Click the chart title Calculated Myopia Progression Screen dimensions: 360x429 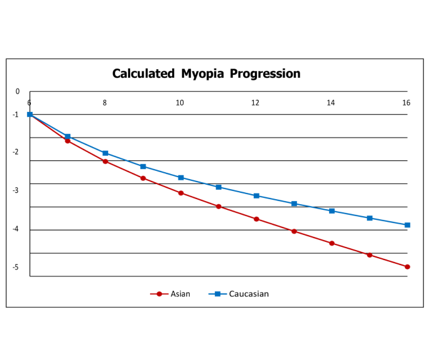click(206, 74)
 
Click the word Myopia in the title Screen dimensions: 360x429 click(204, 74)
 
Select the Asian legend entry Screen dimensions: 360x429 click(180, 293)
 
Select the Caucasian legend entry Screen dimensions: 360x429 click(248, 293)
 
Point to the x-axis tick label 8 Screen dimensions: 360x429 click(105, 102)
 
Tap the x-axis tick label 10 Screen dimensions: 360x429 click(180, 102)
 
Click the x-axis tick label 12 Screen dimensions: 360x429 click(256, 102)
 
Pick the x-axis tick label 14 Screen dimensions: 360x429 click(331, 102)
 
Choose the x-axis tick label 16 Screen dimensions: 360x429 click(406, 102)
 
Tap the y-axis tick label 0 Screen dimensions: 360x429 click(18, 92)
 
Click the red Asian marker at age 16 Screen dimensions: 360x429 click(407, 267)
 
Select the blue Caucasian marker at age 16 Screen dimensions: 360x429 click(407, 225)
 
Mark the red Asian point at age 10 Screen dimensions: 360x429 click(181, 193)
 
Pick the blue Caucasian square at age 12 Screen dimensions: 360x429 click(256, 196)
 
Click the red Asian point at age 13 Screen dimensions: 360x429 click(294, 231)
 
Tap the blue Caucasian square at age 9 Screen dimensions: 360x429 click(143, 166)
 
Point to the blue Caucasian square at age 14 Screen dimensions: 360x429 click(332, 211)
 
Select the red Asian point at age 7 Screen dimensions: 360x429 click(67, 141)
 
